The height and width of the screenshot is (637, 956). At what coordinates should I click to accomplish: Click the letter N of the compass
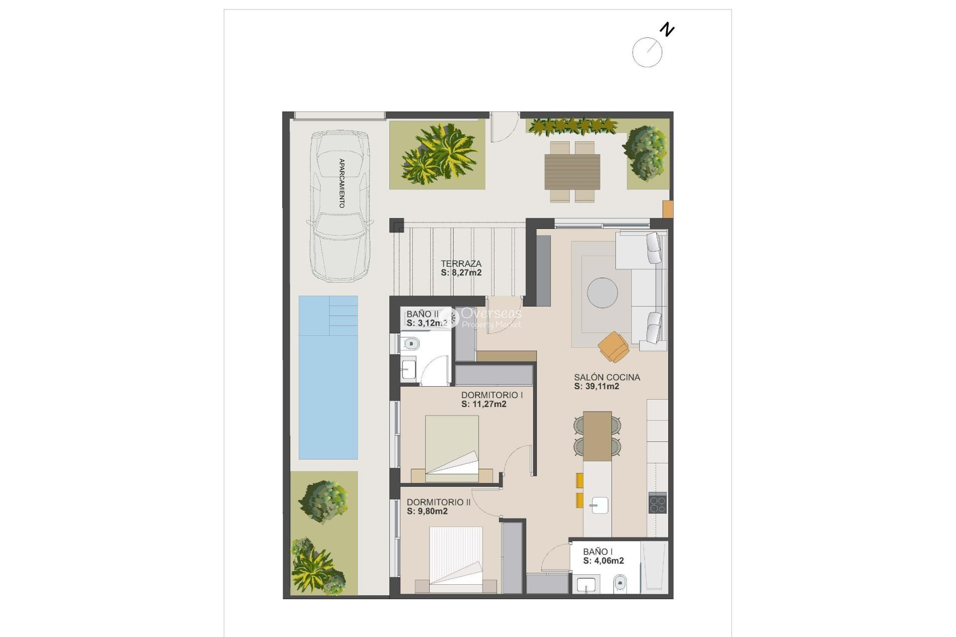click(x=667, y=30)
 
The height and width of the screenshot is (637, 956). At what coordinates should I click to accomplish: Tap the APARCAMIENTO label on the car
click(x=342, y=183)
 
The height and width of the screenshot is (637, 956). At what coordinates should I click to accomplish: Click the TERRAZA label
click(x=461, y=263)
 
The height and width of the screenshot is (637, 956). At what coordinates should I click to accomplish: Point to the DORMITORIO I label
click(x=491, y=395)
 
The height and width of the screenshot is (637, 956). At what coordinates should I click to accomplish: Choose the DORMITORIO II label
click(x=438, y=502)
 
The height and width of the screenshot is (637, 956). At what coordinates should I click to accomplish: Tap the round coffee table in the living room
click(x=602, y=293)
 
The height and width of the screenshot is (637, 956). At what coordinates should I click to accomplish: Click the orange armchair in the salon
click(x=614, y=346)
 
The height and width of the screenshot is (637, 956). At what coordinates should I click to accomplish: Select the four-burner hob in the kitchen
click(x=657, y=503)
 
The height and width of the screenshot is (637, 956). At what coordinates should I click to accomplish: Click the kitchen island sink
click(x=599, y=506)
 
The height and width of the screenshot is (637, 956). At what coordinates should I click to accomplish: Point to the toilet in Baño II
click(x=411, y=343)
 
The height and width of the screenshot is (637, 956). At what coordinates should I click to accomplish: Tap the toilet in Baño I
click(x=620, y=582)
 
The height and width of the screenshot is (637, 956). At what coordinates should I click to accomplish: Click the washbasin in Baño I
click(x=586, y=584)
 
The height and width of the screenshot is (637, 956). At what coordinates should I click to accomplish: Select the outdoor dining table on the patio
click(x=572, y=172)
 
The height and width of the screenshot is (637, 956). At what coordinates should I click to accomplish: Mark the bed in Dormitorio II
click(x=456, y=559)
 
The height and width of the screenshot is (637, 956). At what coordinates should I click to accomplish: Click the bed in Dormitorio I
click(x=452, y=448)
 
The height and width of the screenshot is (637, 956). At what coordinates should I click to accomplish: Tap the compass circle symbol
click(x=647, y=52)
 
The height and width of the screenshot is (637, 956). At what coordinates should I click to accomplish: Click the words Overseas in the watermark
click(x=491, y=313)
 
